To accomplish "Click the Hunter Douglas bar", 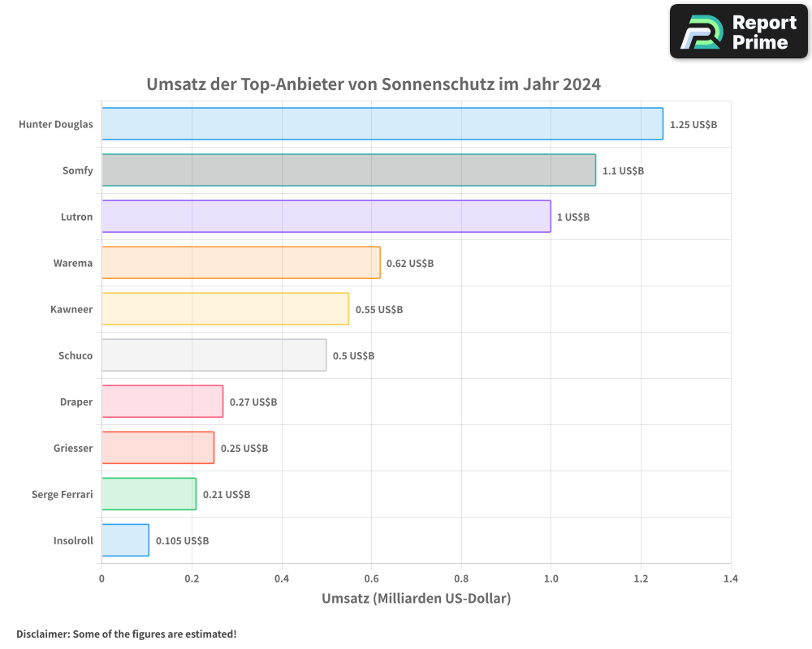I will pos(382,124).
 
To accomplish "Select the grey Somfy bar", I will pos(348,170).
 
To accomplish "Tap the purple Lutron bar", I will pos(326,217).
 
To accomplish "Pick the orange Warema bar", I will pos(240,263).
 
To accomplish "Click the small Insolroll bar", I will pos(125,540).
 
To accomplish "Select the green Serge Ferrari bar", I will pos(149,494).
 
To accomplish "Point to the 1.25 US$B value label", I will pos(693,125).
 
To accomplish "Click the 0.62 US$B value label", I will pos(410,264).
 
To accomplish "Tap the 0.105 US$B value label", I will pos(182,541).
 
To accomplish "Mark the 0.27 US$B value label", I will pos(253,402).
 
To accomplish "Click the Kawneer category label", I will pos(71,309).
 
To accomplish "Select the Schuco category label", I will pos(76,355).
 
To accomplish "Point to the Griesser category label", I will pos(73,448).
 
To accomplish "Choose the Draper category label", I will pos(76,402).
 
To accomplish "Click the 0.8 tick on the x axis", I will pos(461,578).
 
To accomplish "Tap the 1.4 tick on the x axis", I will pos(730,578).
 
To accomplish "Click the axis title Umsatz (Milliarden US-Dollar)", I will pos(416,599).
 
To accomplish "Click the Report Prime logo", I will pos(739,32).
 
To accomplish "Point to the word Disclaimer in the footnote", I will pos(42,634).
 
